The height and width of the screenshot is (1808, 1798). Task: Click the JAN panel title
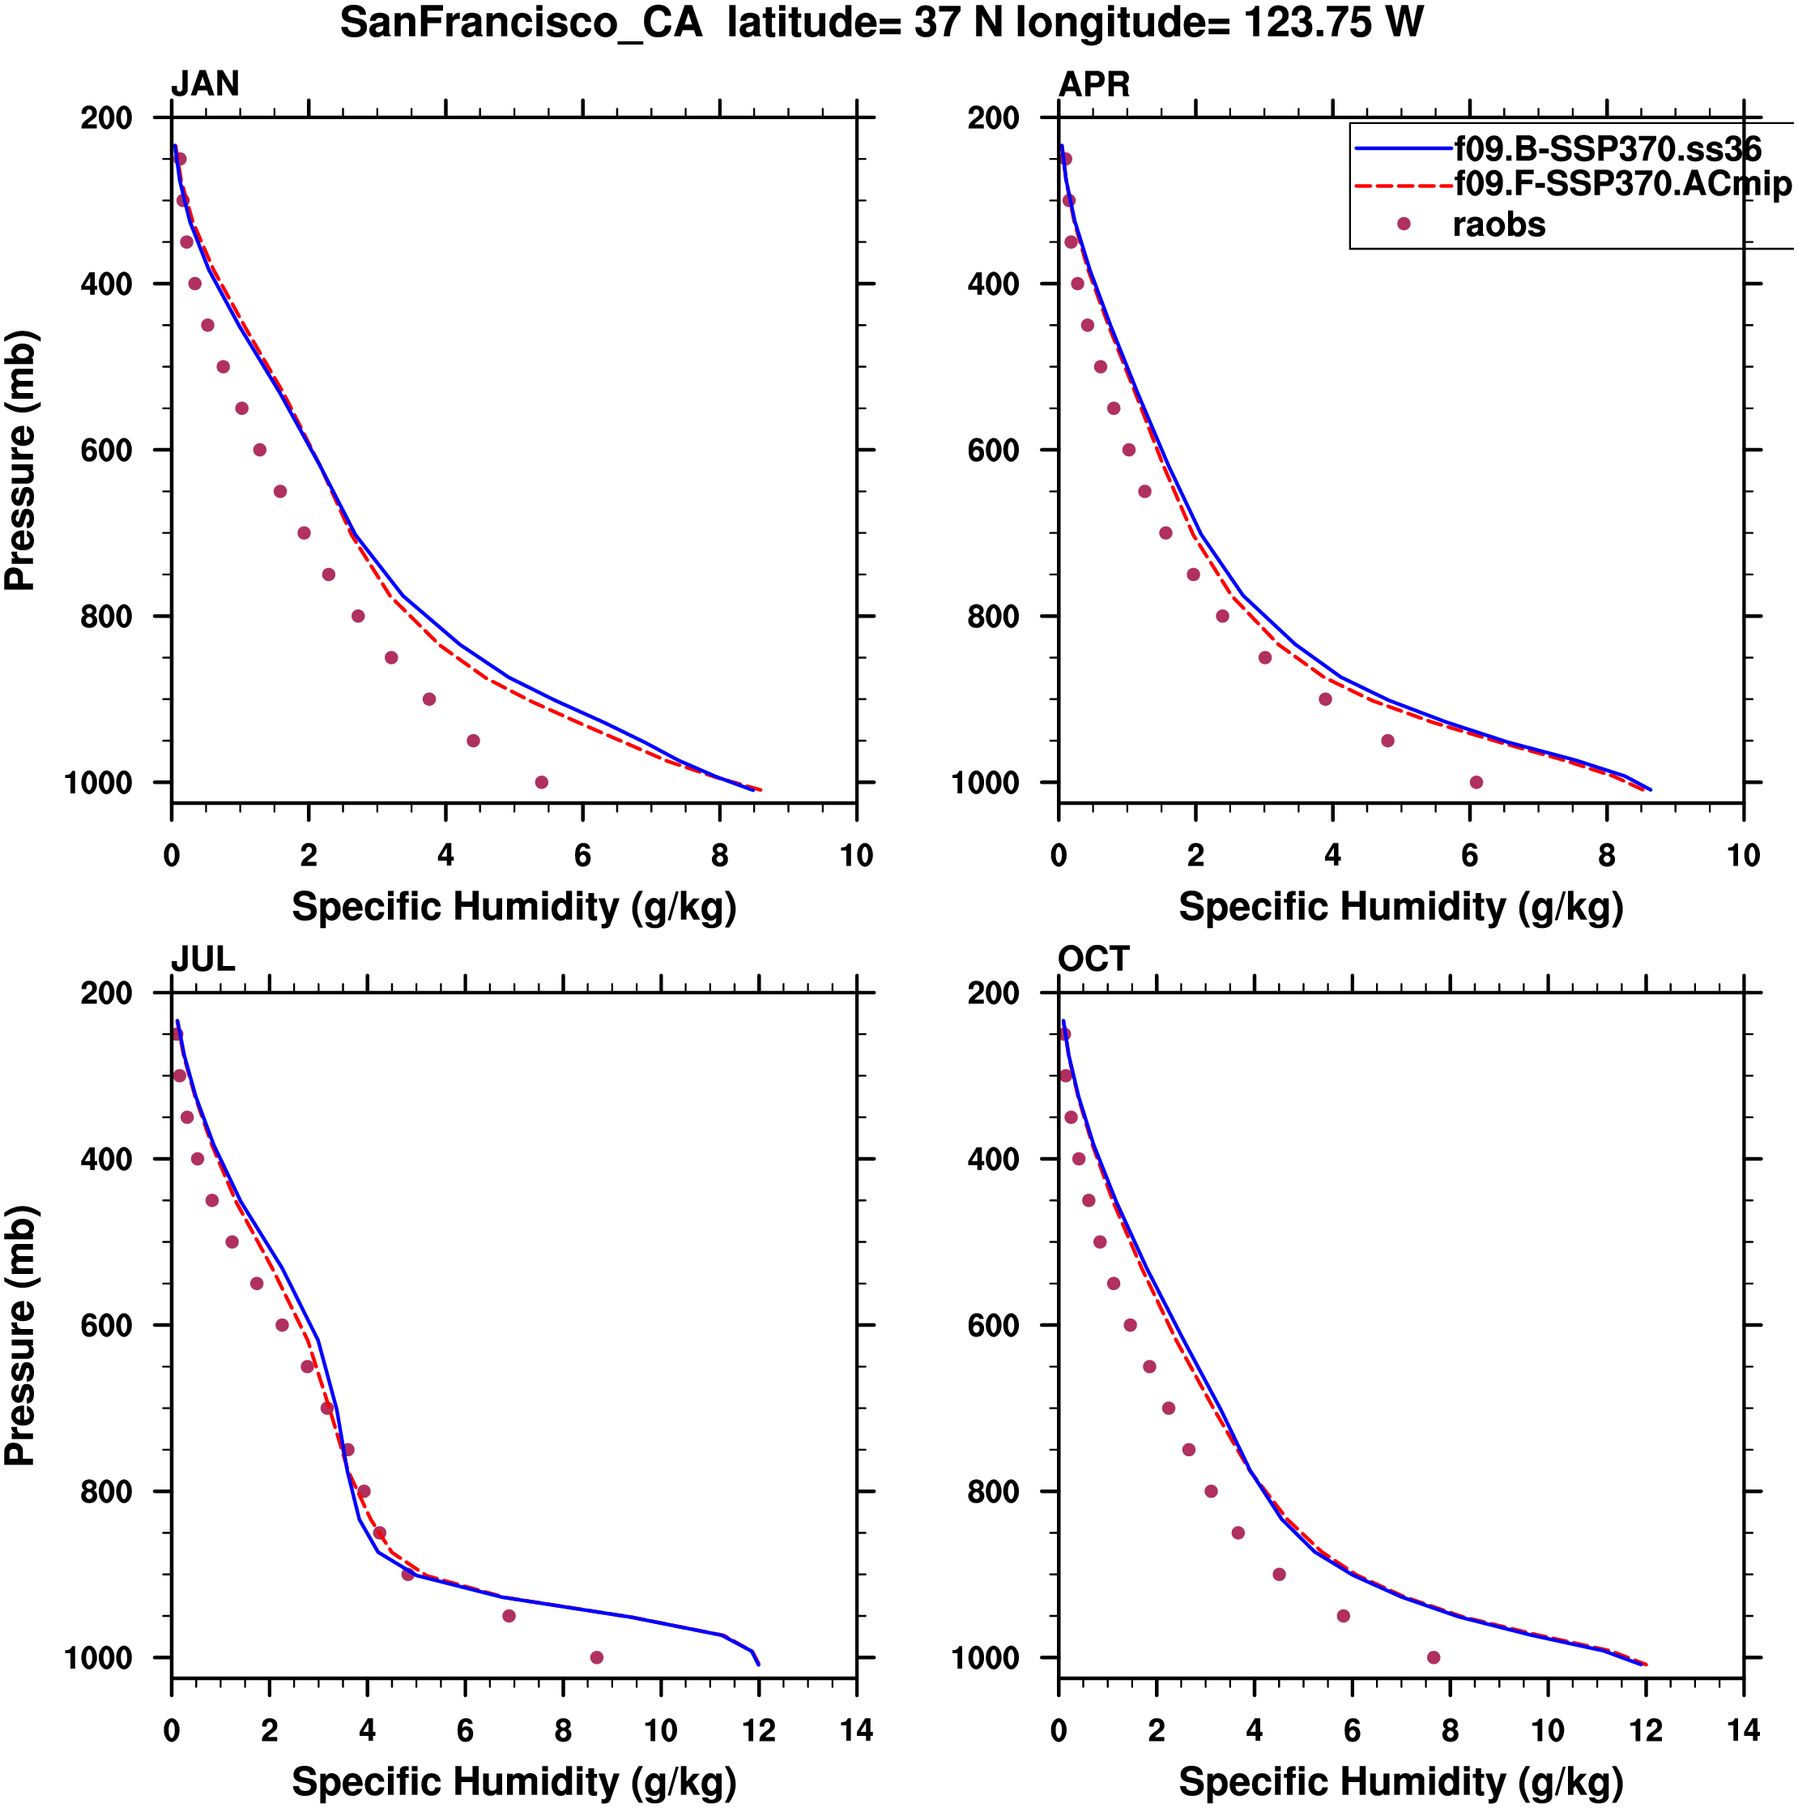coord(205,84)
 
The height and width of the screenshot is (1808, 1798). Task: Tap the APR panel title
coord(1093,84)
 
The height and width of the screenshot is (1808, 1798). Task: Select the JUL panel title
coord(202,960)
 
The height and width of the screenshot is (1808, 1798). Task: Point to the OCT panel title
coord(1093,960)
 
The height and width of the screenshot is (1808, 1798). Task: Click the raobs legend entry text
coord(1498,224)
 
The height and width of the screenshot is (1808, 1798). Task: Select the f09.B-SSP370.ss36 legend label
coord(1607,150)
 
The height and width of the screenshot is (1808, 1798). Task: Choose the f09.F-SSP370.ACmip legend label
coord(1622,184)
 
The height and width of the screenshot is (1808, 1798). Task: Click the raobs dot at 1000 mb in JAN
coord(542,782)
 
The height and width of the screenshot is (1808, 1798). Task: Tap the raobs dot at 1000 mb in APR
coord(1476,782)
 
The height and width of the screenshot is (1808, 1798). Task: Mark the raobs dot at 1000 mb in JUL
coord(597,1657)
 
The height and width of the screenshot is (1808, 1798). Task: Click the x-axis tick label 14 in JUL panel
coord(856,1730)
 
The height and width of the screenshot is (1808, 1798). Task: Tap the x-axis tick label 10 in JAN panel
coord(856,855)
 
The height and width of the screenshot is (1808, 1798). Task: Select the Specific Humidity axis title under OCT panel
coord(1400,1783)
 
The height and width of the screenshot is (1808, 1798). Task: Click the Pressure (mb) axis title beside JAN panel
coord(20,460)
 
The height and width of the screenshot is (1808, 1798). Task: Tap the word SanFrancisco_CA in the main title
coord(521,23)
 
